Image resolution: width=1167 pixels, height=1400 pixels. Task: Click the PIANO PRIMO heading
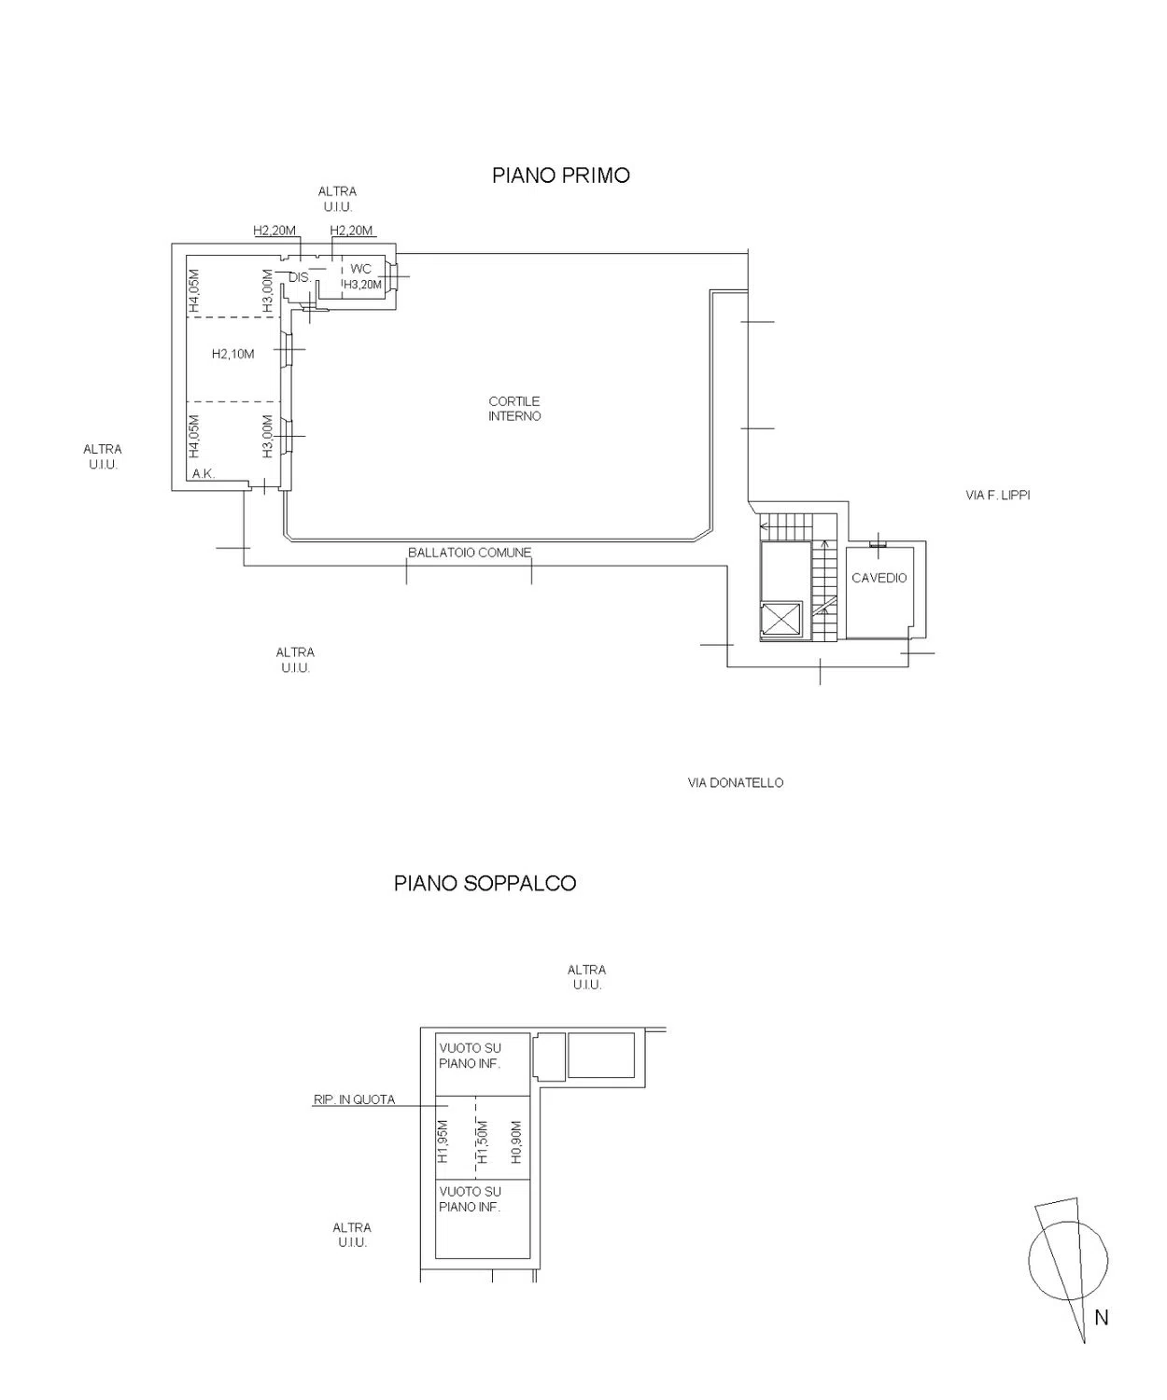[561, 175]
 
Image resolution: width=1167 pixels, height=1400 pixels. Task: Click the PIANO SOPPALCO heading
[485, 883]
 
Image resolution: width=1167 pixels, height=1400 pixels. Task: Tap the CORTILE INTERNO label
[514, 409]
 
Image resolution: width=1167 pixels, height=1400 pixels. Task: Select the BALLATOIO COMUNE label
[470, 553]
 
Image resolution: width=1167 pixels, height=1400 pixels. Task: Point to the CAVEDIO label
[879, 578]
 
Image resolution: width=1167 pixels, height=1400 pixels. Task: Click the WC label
[360, 269]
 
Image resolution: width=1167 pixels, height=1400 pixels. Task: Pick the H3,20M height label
[363, 285]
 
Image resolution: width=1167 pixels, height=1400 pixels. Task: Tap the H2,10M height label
[232, 354]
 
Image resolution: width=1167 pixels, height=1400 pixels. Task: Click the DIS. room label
[300, 277]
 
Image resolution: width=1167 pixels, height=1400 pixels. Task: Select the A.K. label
[204, 473]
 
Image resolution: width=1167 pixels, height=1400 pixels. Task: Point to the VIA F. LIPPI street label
[997, 495]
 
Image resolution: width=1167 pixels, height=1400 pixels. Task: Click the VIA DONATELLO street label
[735, 782]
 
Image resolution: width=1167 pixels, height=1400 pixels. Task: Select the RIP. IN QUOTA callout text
[354, 1099]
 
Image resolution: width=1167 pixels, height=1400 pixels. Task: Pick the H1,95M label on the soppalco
[442, 1141]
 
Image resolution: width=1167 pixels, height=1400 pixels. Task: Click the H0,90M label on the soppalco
[515, 1141]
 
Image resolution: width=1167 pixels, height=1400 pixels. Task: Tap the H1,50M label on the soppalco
[484, 1141]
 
